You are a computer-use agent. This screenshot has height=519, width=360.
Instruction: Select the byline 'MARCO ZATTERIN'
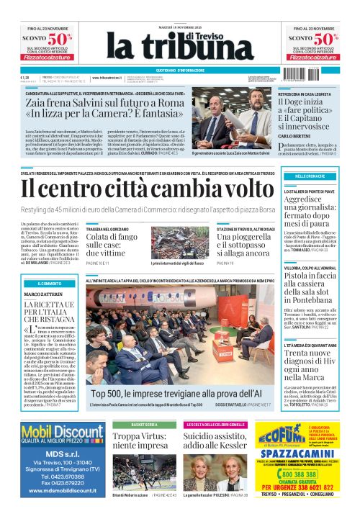tap(44, 294)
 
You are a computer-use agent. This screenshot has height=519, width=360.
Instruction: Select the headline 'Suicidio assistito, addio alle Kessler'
tap(229, 441)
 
